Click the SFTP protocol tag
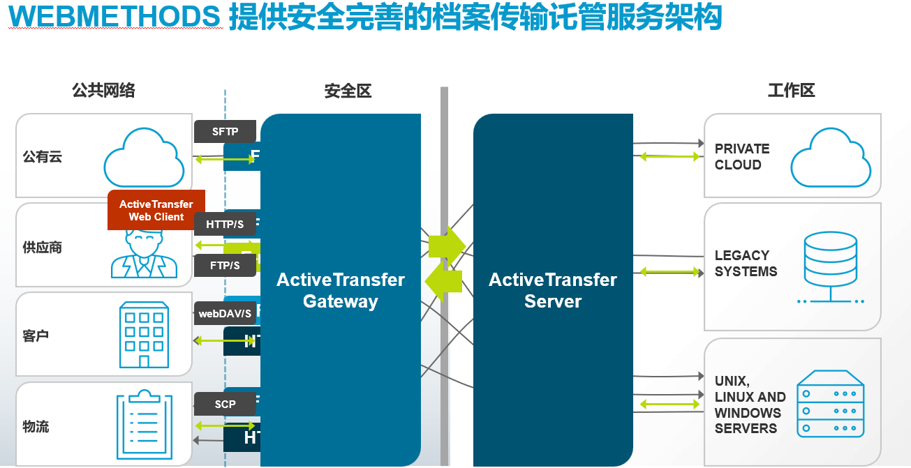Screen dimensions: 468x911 (x=225, y=131)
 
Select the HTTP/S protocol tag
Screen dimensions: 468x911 (x=225, y=224)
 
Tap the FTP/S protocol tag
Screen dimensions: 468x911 (x=225, y=266)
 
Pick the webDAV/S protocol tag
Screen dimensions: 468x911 (x=225, y=313)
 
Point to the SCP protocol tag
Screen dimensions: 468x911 (x=225, y=404)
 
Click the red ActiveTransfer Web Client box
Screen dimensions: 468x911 (x=156, y=210)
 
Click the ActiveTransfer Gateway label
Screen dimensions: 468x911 (x=341, y=290)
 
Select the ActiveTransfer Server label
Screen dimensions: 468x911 (x=553, y=290)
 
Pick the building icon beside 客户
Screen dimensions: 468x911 (x=144, y=335)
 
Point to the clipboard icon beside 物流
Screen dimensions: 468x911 (x=144, y=424)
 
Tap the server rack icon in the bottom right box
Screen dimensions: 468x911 (x=831, y=404)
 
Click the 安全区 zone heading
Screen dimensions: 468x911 (x=348, y=91)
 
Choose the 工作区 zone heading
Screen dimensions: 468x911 (x=791, y=91)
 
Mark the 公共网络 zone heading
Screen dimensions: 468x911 (x=103, y=91)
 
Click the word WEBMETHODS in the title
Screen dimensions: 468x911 (x=114, y=18)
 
